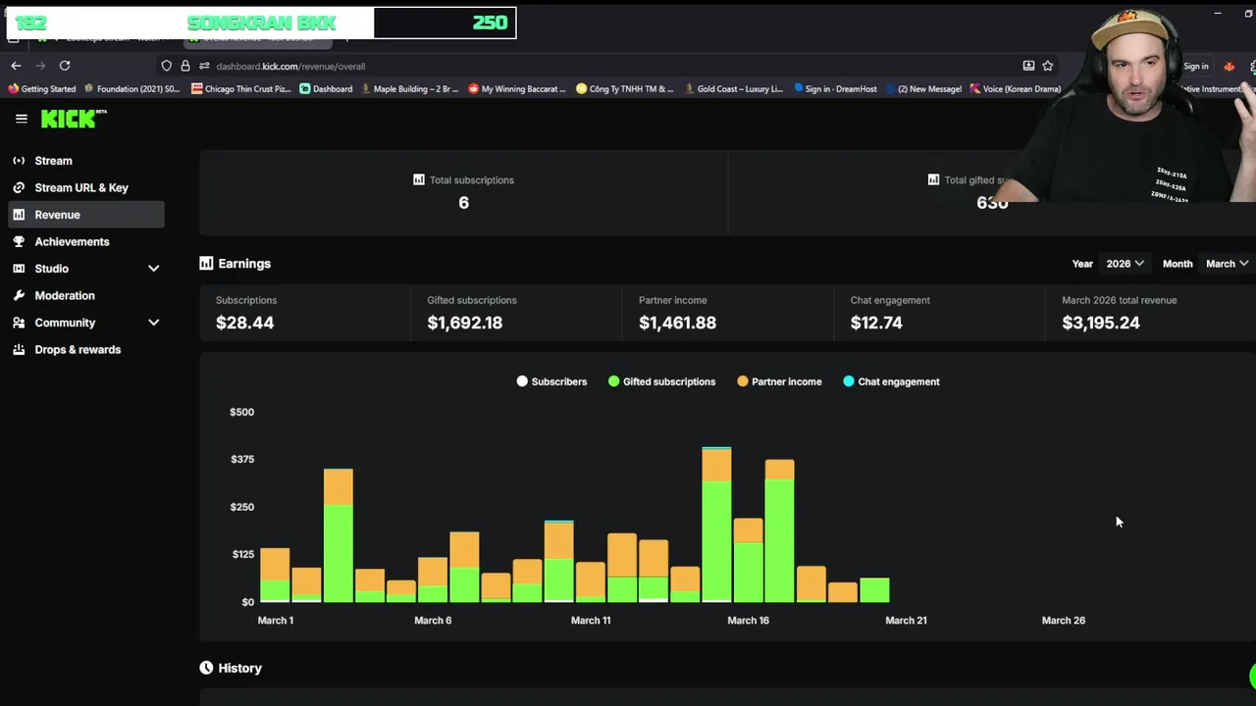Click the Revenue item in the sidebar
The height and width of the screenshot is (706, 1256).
pyautogui.click(x=57, y=215)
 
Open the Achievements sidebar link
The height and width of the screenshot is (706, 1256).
pyautogui.click(x=72, y=241)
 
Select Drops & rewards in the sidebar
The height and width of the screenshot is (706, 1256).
pyautogui.click(x=78, y=349)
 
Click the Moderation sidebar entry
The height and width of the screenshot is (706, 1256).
pyautogui.click(x=65, y=295)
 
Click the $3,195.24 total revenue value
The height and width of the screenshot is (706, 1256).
pyautogui.click(x=1100, y=323)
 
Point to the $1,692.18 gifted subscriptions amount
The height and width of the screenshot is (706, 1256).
pyautogui.click(x=464, y=323)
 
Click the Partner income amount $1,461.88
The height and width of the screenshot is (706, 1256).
pyautogui.click(x=677, y=323)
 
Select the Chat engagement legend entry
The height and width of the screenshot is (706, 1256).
pyautogui.click(x=898, y=381)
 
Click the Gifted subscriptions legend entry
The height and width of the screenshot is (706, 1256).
pyautogui.click(x=668, y=381)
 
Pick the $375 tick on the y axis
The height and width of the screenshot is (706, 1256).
pyautogui.click(x=241, y=459)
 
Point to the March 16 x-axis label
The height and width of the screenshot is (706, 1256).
pyautogui.click(x=748, y=620)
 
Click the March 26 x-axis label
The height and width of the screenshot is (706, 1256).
pyautogui.click(x=1063, y=620)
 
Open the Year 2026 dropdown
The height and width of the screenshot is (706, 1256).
pyautogui.click(x=1125, y=264)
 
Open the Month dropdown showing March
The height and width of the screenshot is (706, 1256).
pyautogui.click(x=1227, y=264)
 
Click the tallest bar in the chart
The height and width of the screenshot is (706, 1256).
pyautogui.click(x=716, y=525)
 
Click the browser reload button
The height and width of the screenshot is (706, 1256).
pyautogui.click(x=65, y=66)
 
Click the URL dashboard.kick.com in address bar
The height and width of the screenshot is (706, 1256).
pyautogui.click(x=290, y=67)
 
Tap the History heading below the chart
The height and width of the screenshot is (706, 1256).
pyautogui.click(x=239, y=668)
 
